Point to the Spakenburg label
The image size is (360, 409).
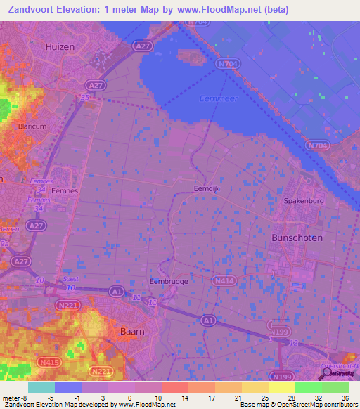[302, 201]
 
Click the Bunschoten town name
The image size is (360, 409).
[297, 238]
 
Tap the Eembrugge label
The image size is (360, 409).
[169, 281]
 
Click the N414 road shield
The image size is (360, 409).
[224, 280]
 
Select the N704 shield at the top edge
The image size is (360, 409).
[198, 22]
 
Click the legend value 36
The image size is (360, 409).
[345, 397]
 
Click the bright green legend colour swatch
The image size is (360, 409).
[308, 387]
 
